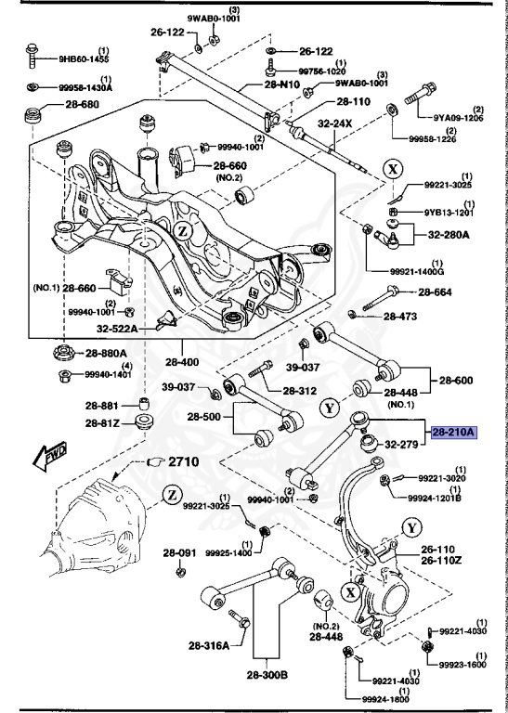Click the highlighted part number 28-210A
coord(453,432)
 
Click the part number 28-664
coord(435,292)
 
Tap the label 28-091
coord(182,553)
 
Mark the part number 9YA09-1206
coord(459,119)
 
